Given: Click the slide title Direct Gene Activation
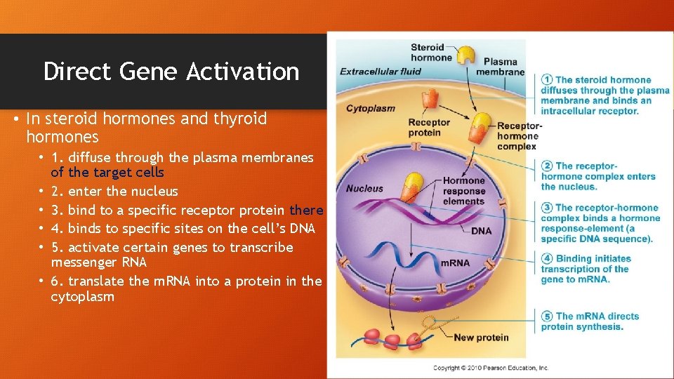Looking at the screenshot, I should (171, 72).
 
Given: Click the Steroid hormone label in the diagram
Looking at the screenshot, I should (427, 53).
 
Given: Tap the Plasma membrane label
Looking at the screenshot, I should (500, 67).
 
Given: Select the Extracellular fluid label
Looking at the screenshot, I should (380, 71).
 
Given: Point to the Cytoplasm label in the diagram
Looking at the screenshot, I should (370, 108).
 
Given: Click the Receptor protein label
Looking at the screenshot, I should (429, 128).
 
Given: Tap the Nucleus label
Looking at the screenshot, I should (364, 188).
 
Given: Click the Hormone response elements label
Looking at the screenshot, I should (464, 191).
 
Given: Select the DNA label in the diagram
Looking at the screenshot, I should (481, 231).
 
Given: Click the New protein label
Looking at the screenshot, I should (481, 338).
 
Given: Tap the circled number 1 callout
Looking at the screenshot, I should (547, 80).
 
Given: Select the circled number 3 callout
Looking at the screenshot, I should (547, 208).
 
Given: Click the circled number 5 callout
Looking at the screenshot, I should (547, 317).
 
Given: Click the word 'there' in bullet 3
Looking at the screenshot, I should (306, 210).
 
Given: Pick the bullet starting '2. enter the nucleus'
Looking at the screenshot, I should (114, 191).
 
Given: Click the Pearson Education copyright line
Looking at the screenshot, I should (490, 368).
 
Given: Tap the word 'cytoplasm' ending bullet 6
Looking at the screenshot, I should (82, 297).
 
